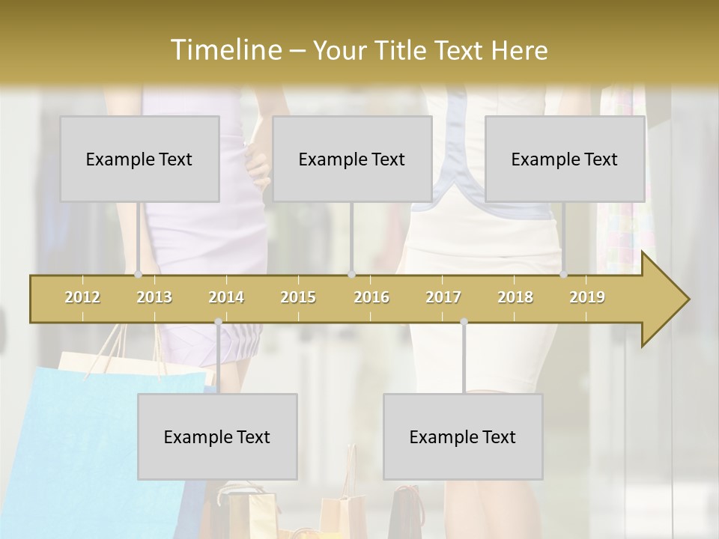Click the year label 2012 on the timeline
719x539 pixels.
coord(82,297)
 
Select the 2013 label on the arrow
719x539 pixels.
coord(154,297)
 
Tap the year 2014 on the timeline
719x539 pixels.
coord(226,297)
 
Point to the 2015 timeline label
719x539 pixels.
coord(298,297)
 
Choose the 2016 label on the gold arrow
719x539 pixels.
coord(371,297)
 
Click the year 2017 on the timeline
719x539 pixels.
coord(443,297)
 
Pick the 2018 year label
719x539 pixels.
coord(515,297)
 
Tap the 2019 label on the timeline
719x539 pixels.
coord(587,297)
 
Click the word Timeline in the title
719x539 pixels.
coord(225,50)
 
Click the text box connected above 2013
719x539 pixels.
coord(139,159)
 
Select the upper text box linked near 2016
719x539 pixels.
coord(352,159)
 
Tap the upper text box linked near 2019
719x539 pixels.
coord(565,159)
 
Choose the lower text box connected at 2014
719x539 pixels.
coord(217,436)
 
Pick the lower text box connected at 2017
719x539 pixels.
coord(463,436)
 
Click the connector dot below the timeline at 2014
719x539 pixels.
coord(218,322)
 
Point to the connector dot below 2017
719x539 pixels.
coord(464,322)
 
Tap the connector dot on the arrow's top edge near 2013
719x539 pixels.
coord(138,275)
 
